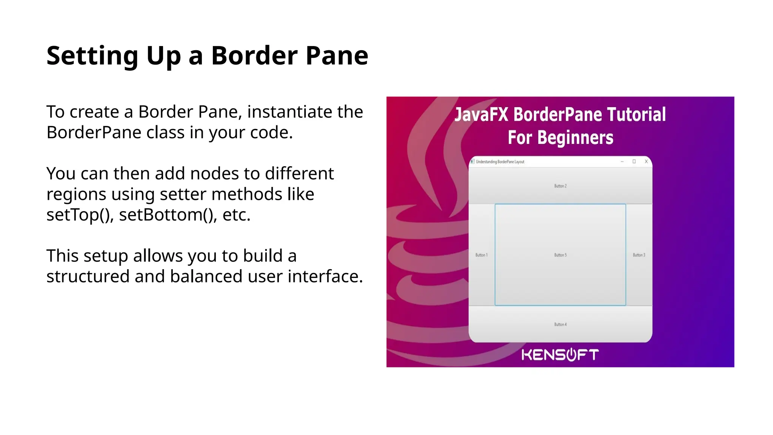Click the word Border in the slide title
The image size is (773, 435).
(254, 56)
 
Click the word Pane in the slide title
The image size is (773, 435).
(337, 56)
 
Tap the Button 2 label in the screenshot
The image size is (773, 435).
(560, 186)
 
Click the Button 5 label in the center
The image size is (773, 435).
(560, 255)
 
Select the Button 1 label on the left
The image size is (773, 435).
(481, 255)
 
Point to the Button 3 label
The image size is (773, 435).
(639, 255)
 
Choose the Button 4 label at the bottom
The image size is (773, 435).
(560, 324)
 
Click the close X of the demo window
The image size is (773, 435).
(646, 162)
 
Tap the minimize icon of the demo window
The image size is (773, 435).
(622, 162)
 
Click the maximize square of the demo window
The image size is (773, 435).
(634, 162)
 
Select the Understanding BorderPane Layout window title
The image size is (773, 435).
(500, 162)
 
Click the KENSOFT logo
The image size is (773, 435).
(560, 355)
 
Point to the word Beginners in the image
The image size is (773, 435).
(575, 137)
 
